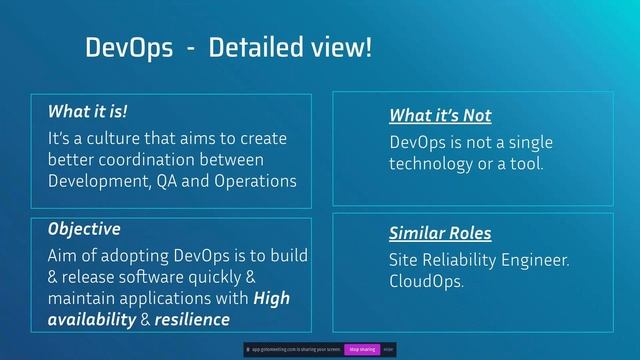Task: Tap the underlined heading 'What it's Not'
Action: click(x=440, y=116)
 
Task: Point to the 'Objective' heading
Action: click(x=83, y=229)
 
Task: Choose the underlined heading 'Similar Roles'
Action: click(x=440, y=234)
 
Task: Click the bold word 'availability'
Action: click(x=91, y=320)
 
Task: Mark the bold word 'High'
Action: click(x=273, y=298)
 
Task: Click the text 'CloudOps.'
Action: click(x=426, y=282)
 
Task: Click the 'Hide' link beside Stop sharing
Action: click(x=390, y=350)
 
